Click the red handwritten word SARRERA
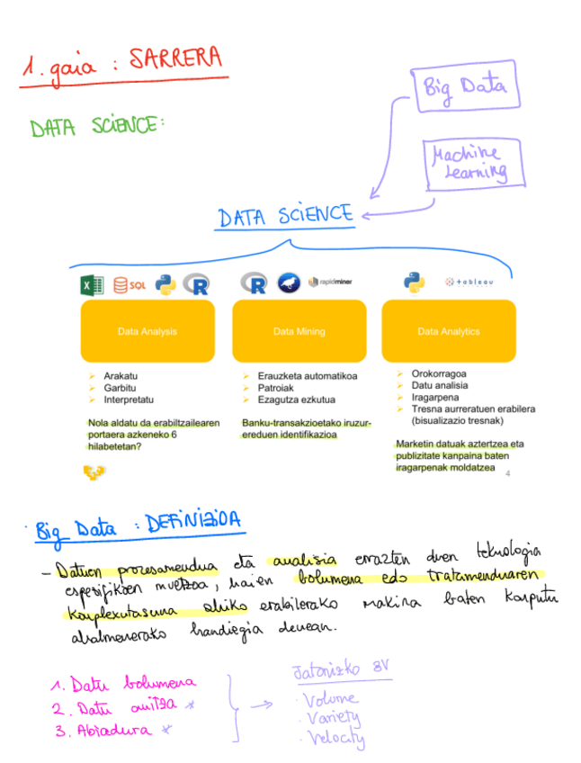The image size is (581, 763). tap(174, 60)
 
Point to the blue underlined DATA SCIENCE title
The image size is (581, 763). tap(285, 216)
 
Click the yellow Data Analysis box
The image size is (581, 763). tap(147, 331)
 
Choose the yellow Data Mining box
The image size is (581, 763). tap(299, 331)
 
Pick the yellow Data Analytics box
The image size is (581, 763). tap(449, 331)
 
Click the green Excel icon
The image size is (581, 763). tap(92, 285)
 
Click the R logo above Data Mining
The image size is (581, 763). tap(255, 284)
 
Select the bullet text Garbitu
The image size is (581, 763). tap(120, 388)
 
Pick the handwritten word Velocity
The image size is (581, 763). tap(334, 739)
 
